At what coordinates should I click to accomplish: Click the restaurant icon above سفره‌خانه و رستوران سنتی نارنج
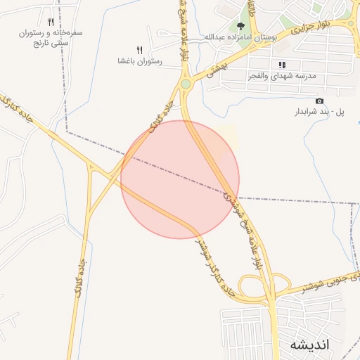(51, 22)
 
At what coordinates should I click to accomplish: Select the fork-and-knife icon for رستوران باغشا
(139, 49)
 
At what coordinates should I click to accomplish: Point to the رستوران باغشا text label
(140, 61)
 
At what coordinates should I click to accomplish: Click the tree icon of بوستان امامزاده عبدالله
(241, 26)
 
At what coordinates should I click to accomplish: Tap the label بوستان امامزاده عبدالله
(238, 37)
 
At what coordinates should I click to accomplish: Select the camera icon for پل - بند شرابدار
(321, 101)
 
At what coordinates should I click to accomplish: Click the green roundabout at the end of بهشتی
(186, 84)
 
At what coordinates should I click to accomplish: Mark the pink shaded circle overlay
(180, 179)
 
